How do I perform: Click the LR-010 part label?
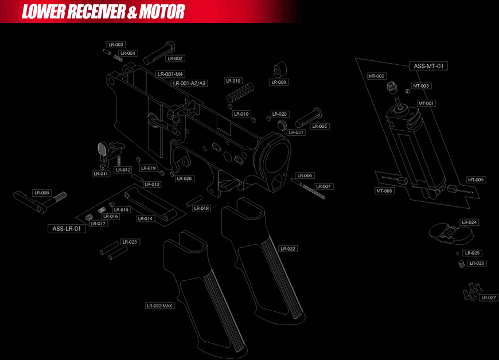point(233,81)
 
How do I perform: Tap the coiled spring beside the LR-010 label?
point(240,92)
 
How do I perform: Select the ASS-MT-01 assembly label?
point(428,66)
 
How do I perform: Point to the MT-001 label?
point(426,103)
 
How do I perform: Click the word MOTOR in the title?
point(162,12)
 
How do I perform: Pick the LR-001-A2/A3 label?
point(189,84)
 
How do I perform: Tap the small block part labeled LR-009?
point(280,69)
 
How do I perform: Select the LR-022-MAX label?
point(159,306)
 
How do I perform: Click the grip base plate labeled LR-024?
point(451,234)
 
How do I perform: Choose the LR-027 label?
point(489,298)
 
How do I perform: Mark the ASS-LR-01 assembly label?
point(67,229)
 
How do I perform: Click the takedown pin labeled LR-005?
point(308,118)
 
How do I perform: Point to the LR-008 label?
point(42,193)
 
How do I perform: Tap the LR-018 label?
point(201,209)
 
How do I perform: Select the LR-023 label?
point(130,242)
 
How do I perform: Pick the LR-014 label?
point(146,219)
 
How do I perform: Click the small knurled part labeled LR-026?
point(462,264)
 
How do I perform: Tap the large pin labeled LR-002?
point(159,53)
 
